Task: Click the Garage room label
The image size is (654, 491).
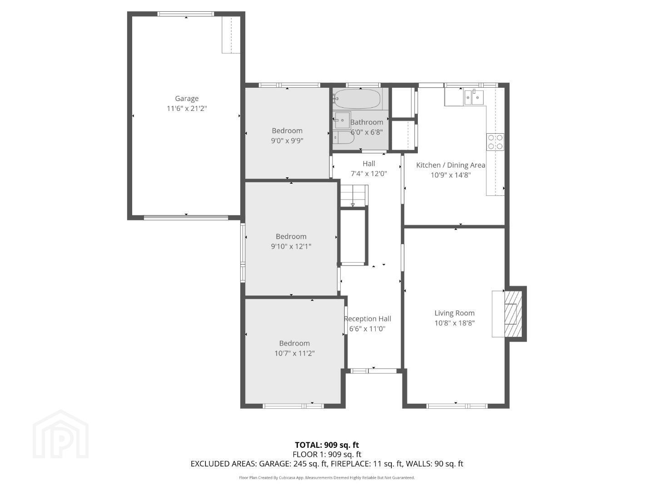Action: pos(187,99)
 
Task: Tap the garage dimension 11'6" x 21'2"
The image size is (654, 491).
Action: pos(187,109)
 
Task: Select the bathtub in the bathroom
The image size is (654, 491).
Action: pos(357,99)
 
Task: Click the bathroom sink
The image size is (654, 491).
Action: pos(342,120)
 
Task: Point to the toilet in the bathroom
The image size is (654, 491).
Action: pos(343,138)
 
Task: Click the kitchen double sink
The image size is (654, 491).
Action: pos(474,97)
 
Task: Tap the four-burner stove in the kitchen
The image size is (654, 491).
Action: pos(495,142)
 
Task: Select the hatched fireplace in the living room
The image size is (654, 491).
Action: pos(513,314)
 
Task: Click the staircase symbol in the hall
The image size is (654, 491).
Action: pos(354,195)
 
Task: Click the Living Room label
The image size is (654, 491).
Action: pos(454,313)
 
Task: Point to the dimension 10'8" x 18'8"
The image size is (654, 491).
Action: pos(454,323)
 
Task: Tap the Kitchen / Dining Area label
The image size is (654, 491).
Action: pos(451,165)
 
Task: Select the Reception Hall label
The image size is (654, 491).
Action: pos(368,319)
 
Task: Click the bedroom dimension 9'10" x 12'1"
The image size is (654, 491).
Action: pos(291,246)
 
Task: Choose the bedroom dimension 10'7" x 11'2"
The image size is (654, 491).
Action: pos(294,353)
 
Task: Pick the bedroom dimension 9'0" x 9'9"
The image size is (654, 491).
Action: pos(287,141)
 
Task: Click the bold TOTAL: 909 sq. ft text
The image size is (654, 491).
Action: pos(327,445)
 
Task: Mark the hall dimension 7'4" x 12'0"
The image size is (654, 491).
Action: pos(369,174)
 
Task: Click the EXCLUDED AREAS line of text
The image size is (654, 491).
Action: pos(327,464)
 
